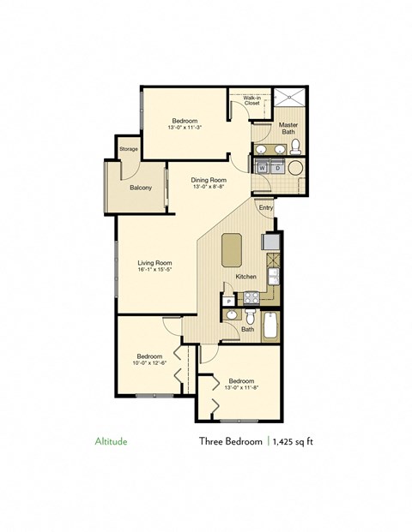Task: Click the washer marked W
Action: (x=261, y=168)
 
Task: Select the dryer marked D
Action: (x=277, y=168)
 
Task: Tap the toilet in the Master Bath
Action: (x=294, y=146)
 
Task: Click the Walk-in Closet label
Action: (x=251, y=101)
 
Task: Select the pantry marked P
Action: (x=229, y=300)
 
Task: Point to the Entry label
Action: (x=265, y=207)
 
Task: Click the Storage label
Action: (x=128, y=149)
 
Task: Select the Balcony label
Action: (x=141, y=188)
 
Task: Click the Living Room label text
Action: (x=156, y=263)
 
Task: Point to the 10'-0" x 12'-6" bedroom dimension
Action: (x=149, y=363)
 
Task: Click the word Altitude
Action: (x=110, y=443)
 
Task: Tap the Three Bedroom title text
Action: (x=230, y=443)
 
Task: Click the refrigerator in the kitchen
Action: (x=271, y=244)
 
